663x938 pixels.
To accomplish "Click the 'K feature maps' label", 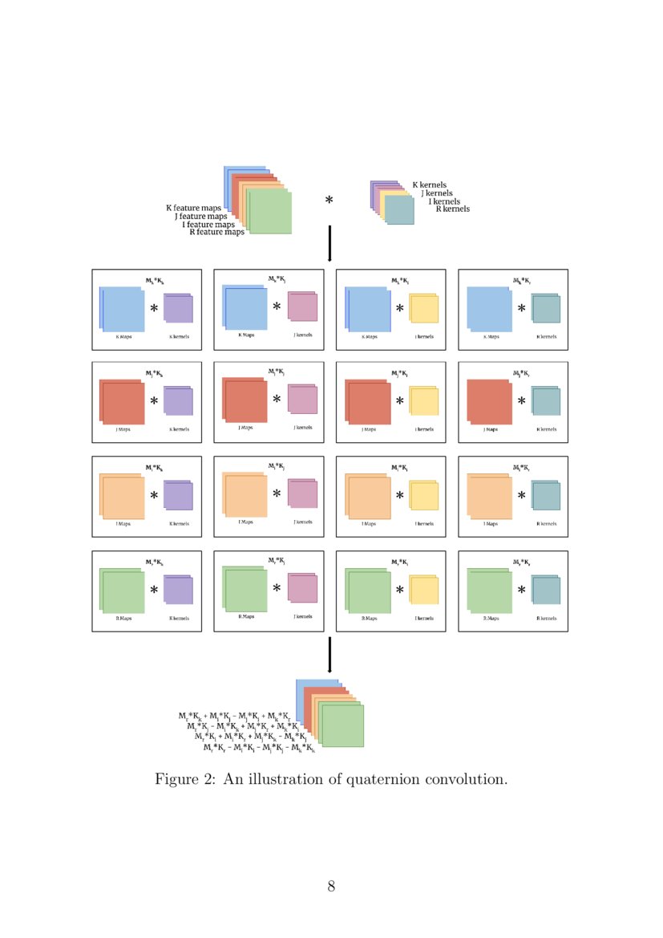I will tap(193, 208).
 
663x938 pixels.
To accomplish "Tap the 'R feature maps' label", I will tap(216, 233).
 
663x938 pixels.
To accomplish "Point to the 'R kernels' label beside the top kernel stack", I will tap(452, 209).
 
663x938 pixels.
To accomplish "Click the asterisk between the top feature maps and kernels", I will tap(329, 201).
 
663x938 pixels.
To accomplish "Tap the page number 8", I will tap(331, 887).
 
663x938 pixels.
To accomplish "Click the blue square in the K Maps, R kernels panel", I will tap(488, 308).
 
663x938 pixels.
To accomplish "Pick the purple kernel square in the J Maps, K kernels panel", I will tap(178, 401).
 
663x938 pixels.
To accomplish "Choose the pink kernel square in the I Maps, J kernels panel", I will tap(302, 494).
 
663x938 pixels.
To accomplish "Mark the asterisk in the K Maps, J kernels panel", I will tap(277, 307).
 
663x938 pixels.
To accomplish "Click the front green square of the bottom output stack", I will tap(342, 725).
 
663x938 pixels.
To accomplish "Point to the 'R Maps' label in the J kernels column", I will tap(245, 616).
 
